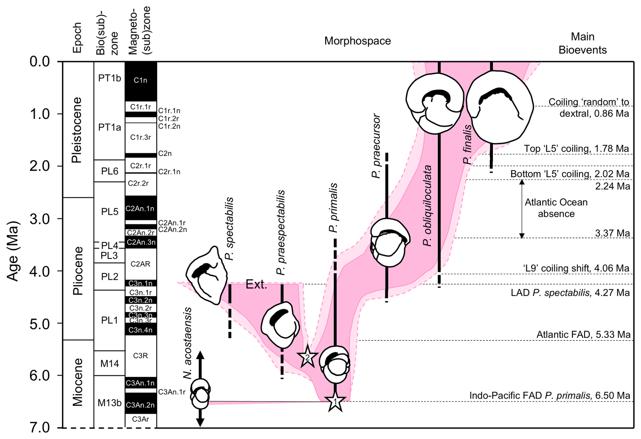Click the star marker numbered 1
335,402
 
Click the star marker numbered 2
307,357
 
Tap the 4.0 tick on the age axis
40,271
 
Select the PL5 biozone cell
109,212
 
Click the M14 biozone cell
109,363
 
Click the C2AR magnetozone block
141,264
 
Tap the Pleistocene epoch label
77,130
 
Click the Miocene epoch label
78,382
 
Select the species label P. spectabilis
230,228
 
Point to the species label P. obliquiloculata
428,205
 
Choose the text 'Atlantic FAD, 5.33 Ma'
583,335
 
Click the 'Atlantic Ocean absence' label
556,208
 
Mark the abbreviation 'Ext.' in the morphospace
256,284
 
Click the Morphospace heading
357,41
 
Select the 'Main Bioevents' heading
582,43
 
